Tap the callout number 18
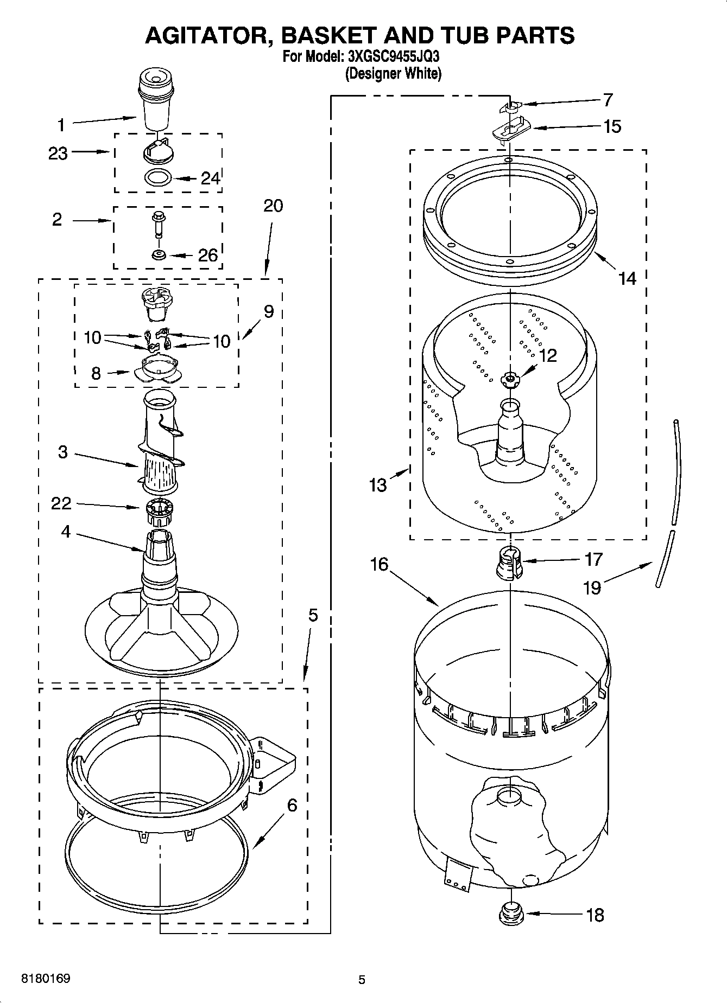click(595, 915)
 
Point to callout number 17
click(593, 559)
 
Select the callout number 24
click(210, 178)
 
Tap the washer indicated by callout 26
click(159, 254)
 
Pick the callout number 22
click(61, 503)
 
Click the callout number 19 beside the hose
click(592, 587)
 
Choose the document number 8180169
click(45, 979)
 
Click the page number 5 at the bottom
click(362, 980)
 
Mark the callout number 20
click(273, 206)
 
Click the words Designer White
click(393, 73)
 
